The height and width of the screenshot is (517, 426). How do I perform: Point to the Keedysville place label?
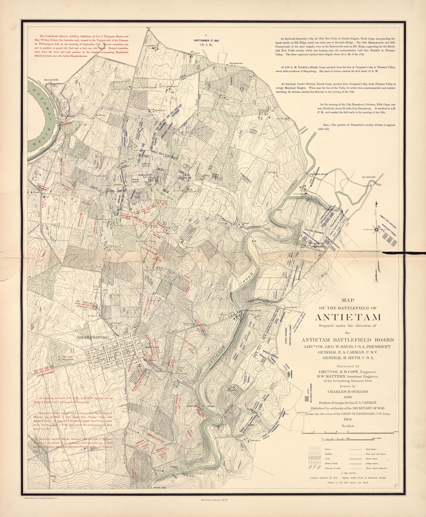tap(369, 177)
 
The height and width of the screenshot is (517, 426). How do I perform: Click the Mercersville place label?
tap(51, 80)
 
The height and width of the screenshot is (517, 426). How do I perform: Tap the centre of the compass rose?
tap(376, 229)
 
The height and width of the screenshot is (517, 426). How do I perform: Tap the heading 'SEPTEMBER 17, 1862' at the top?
tap(206, 40)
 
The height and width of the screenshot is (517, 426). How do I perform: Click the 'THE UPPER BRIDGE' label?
tap(319, 174)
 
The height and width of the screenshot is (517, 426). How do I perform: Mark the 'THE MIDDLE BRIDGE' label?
tap(250, 310)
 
